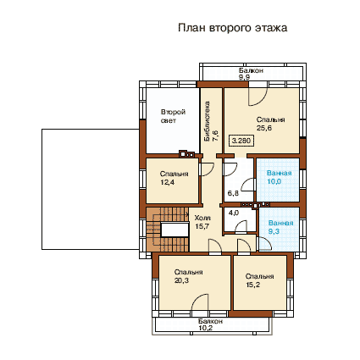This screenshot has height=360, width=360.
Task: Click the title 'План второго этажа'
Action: coord(232,28)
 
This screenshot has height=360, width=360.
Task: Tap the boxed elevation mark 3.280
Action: coord(241,141)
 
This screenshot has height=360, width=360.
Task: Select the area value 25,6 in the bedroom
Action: coord(264,128)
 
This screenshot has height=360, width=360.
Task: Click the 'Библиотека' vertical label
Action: coord(208,121)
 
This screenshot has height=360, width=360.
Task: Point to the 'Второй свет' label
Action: coord(173,116)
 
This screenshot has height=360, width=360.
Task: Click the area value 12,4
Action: coord(168,182)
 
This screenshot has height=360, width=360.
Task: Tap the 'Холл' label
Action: coord(202,218)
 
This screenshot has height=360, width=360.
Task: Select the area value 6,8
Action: coord(233,193)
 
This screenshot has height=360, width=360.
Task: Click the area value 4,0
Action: coord(234,213)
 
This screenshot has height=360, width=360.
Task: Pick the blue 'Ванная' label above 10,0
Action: coord(279,173)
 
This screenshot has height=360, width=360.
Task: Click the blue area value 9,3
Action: coord(274,231)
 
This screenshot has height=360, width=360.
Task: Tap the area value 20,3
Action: coord(181,280)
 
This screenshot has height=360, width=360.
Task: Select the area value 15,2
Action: coord(253,285)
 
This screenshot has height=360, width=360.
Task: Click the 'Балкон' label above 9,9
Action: coord(251,70)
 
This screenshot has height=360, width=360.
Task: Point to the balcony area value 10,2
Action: coord(206,328)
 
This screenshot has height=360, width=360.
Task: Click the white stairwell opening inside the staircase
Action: coord(174,230)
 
